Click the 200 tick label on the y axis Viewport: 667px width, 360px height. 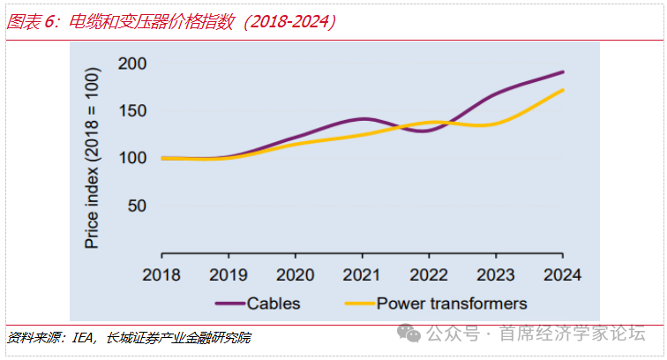point(131,64)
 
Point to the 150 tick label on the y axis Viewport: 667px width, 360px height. point(131,111)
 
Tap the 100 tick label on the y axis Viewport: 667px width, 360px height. point(131,158)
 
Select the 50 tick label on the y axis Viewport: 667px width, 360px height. point(135,206)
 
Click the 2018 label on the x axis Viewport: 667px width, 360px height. point(162,274)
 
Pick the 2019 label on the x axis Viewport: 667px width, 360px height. point(229,274)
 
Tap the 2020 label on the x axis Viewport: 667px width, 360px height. point(296,274)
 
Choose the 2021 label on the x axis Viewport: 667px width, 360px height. point(362,274)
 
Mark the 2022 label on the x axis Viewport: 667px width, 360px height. point(429,274)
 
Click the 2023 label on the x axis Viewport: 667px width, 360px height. point(495,274)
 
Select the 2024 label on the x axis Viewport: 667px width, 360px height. point(562,274)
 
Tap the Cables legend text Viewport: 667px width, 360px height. point(274,304)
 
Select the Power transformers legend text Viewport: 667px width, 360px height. point(452,304)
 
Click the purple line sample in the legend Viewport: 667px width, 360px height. point(229,304)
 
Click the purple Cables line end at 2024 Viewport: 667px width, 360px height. point(562,72)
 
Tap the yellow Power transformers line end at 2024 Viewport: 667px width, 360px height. point(562,90)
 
